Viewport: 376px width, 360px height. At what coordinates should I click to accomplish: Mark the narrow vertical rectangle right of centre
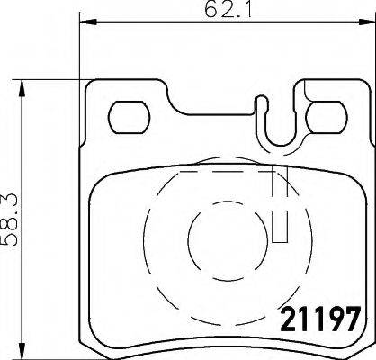click(279, 203)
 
